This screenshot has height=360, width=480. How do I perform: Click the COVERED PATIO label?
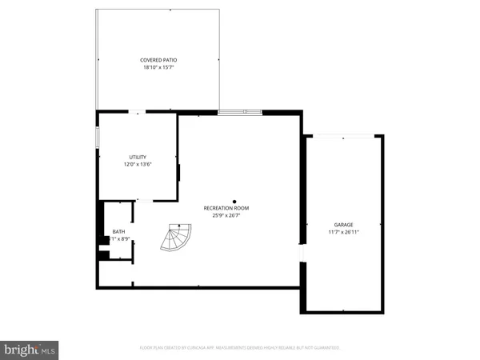pyautogui.click(x=158, y=60)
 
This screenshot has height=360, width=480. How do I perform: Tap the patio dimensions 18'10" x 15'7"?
pyautogui.click(x=158, y=68)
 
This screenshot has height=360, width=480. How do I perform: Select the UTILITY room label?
pyautogui.click(x=138, y=157)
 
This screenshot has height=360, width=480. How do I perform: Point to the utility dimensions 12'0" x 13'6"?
pyautogui.click(x=138, y=165)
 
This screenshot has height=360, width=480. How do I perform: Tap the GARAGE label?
pyautogui.click(x=343, y=225)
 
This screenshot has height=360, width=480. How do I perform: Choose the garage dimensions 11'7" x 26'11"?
pyautogui.click(x=343, y=233)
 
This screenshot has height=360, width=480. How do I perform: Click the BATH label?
pyautogui.click(x=118, y=231)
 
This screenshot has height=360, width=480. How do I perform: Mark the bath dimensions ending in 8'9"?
pyautogui.click(x=119, y=239)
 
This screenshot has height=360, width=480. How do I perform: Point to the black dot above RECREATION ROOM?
pyautogui.click(x=234, y=201)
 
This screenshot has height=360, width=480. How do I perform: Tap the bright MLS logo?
pyautogui.click(x=31, y=350)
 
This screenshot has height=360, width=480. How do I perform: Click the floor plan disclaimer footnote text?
pyautogui.click(x=239, y=348)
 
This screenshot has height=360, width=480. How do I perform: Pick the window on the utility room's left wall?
pyautogui.click(x=98, y=137)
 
